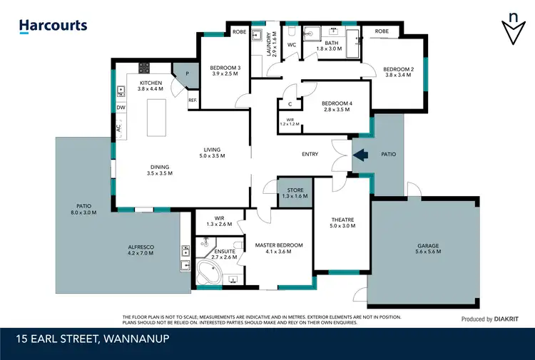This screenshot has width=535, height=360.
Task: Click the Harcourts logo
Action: pyautogui.click(x=53, y=26)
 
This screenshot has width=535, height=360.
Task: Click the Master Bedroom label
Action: pyautogui.click(x=279, y=245)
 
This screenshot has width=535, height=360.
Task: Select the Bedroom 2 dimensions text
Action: pyautogui.click(x=398, y=74)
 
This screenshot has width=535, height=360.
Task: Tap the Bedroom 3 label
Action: pyautogui.click(x=225, y=68)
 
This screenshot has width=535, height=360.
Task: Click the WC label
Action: pyautogui.click(x=291, y=45)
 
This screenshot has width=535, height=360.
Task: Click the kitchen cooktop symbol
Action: pyautogui.click(x=144, y=68)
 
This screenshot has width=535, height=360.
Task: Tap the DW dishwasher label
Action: pyautogui.click(x=121, y=108)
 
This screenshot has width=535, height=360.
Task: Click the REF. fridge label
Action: pyautogui.click(x=193, y=101)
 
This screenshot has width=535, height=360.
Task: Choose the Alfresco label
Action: pyautogui.click(x=141, y=250)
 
